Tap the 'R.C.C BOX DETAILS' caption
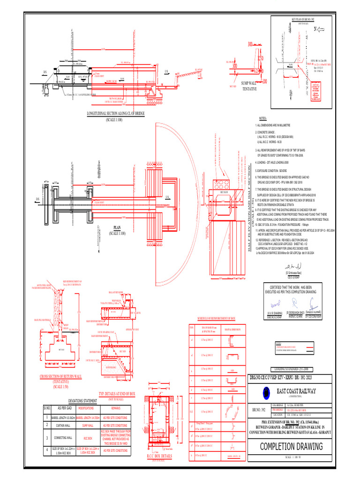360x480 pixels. point(159,455)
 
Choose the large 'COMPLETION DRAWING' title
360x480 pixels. point(291,446)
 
